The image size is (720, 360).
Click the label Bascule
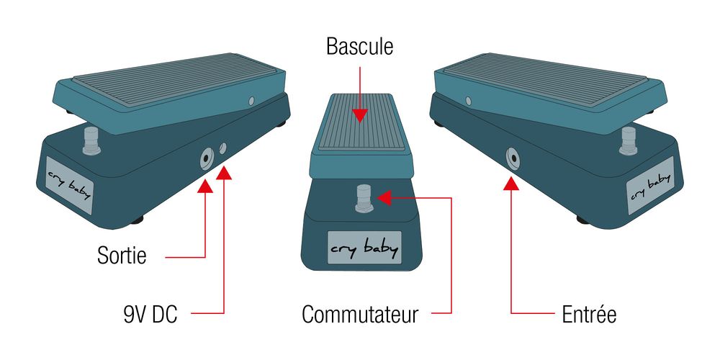pos(359,47)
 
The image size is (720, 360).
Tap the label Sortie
pos(122,255)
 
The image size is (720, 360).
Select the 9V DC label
pos(150,315)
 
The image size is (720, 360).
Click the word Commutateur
pos(360,315)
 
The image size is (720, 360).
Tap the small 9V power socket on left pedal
pos(222,148)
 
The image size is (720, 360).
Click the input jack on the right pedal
pos(512,159)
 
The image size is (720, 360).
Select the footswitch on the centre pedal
pos(363,198)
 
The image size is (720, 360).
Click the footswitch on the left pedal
pos(92,140)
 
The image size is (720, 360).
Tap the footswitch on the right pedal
pos(628,140)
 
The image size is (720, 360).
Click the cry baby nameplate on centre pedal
pos(364,248)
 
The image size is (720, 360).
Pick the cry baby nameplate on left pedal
pos(69,186)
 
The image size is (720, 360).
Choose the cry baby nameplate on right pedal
pos(650,186)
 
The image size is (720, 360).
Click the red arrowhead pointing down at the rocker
pos(359,115)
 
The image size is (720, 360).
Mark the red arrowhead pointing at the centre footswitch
pos(384,198)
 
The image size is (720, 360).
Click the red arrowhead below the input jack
pos(511,184)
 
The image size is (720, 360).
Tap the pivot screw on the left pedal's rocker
pos(251,101)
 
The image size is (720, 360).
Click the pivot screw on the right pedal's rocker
pos(469,101)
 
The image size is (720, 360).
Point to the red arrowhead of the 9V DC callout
pos(224,173)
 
